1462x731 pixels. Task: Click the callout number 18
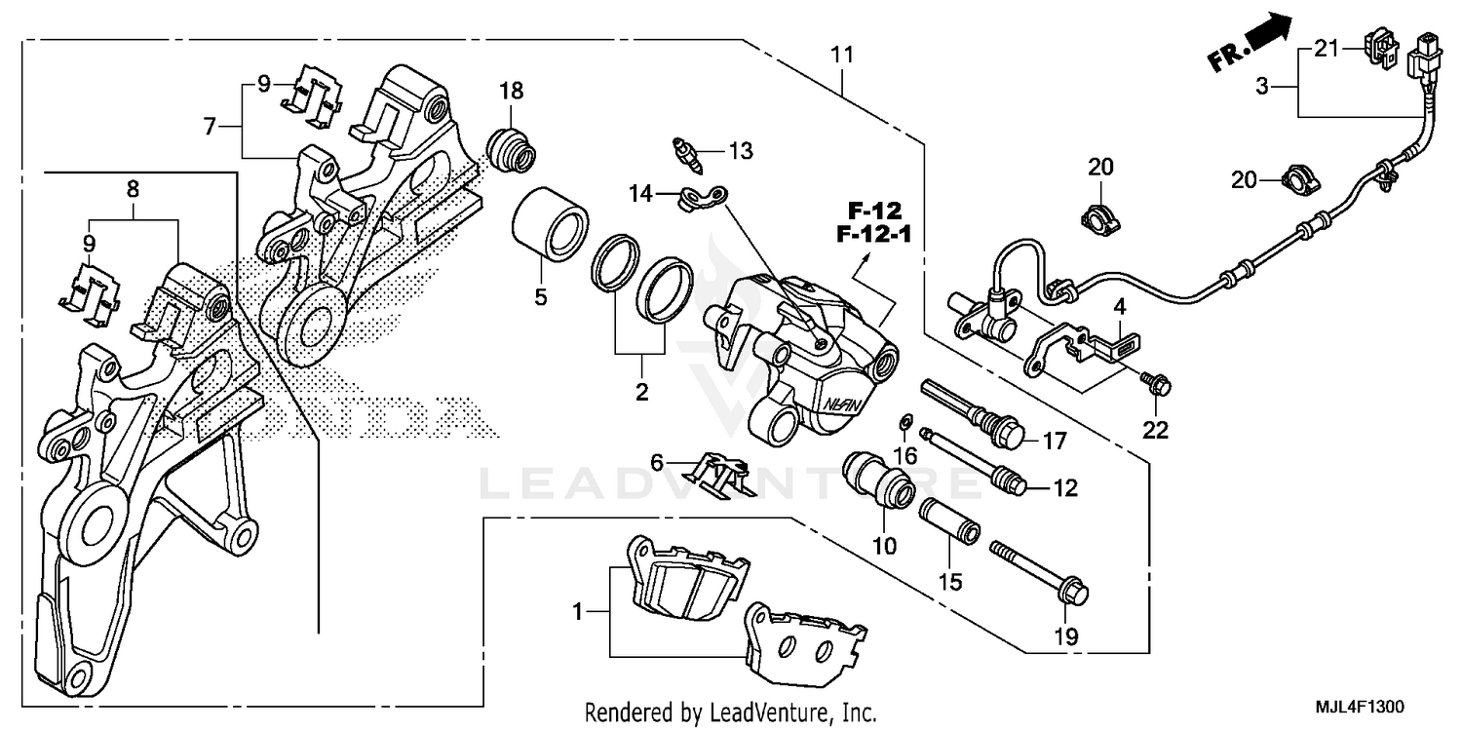tap(512, 91)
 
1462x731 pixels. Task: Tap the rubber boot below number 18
tap(510, 148)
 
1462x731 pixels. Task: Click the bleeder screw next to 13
tap(684, 153)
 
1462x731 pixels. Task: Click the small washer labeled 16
tap(904, 422)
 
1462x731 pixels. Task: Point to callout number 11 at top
tap(842, 56)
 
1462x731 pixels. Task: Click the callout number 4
tap(1121, 306)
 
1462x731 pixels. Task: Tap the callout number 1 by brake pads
tap(577, 613)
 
